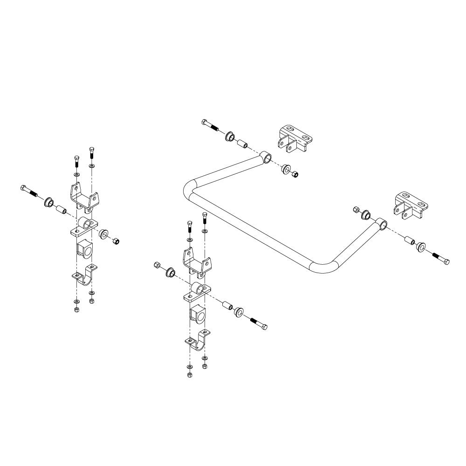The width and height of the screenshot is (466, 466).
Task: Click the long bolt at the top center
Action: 211,126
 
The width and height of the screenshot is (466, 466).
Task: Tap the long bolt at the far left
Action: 29,191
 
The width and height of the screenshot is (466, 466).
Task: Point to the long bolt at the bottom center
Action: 259,323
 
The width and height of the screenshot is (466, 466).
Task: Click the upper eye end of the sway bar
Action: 266,158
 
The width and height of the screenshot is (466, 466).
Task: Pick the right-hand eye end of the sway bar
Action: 382,224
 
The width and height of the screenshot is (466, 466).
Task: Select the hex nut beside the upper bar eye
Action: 295,175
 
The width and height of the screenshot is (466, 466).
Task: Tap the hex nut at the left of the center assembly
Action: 157,266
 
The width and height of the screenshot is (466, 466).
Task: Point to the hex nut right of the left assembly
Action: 116,240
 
